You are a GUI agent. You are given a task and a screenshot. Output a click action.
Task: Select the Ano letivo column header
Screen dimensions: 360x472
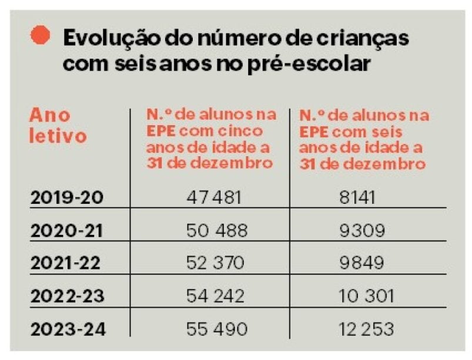coord(58,125)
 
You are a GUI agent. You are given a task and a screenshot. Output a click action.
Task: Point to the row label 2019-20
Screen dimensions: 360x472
coord(67,197)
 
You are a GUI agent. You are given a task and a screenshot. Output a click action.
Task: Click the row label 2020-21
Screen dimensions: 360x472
coord(67,231)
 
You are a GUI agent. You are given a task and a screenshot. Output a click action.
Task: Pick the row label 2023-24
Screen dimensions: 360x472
coord(67,329)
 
